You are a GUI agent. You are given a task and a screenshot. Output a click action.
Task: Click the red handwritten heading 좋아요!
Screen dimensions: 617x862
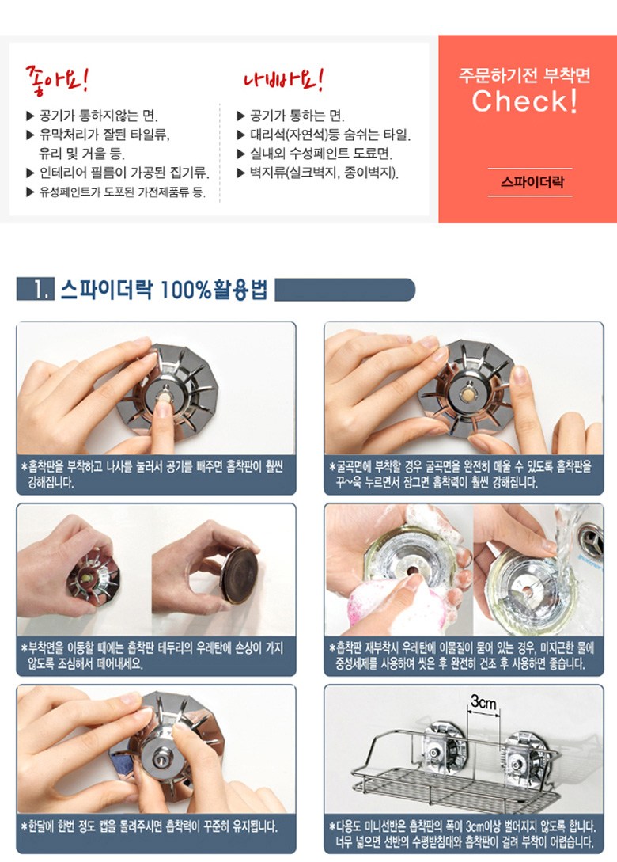coord(57,80)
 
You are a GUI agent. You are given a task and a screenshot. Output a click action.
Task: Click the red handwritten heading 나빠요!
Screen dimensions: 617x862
coord(283,80)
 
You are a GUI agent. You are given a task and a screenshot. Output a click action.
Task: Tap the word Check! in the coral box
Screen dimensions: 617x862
coord(524,101)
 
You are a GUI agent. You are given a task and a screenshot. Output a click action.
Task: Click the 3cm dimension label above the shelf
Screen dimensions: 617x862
coord(483,702)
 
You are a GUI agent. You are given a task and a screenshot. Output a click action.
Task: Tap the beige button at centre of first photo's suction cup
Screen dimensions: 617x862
coord(163,397)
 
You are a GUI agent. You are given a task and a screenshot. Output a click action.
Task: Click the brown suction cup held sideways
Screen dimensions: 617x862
coord(239,575)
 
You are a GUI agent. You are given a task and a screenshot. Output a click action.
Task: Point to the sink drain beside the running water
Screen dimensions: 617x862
coord(591,541)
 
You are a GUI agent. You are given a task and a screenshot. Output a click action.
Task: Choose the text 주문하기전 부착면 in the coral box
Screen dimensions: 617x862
coord(524,75)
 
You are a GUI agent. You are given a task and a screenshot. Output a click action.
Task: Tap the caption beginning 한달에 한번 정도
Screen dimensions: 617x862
coord(150,826)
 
